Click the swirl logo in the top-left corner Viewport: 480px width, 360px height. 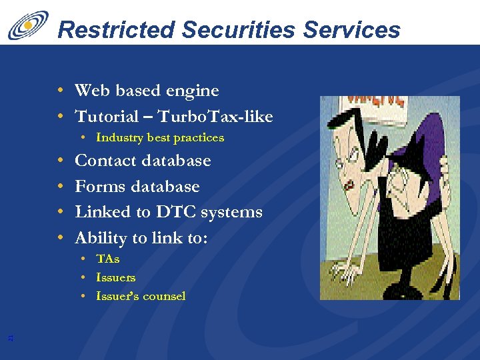click(x=28, y=25)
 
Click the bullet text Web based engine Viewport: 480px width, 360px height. click(x=147, y=91)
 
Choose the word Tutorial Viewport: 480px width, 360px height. click(x=106, y=117)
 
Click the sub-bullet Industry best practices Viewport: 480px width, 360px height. click(x=160, y=138)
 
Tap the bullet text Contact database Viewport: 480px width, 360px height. click(x=143, y=161)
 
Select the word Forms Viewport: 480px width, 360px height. click(x=99, y=187)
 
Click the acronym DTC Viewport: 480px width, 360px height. click(x=176, y=212)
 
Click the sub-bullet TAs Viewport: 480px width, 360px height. click(x=107, y=259)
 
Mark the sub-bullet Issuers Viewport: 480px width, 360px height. click(x=115, y=277)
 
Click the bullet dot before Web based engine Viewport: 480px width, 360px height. click(x=61, y=91)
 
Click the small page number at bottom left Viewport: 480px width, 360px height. click(x=10, y=339)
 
